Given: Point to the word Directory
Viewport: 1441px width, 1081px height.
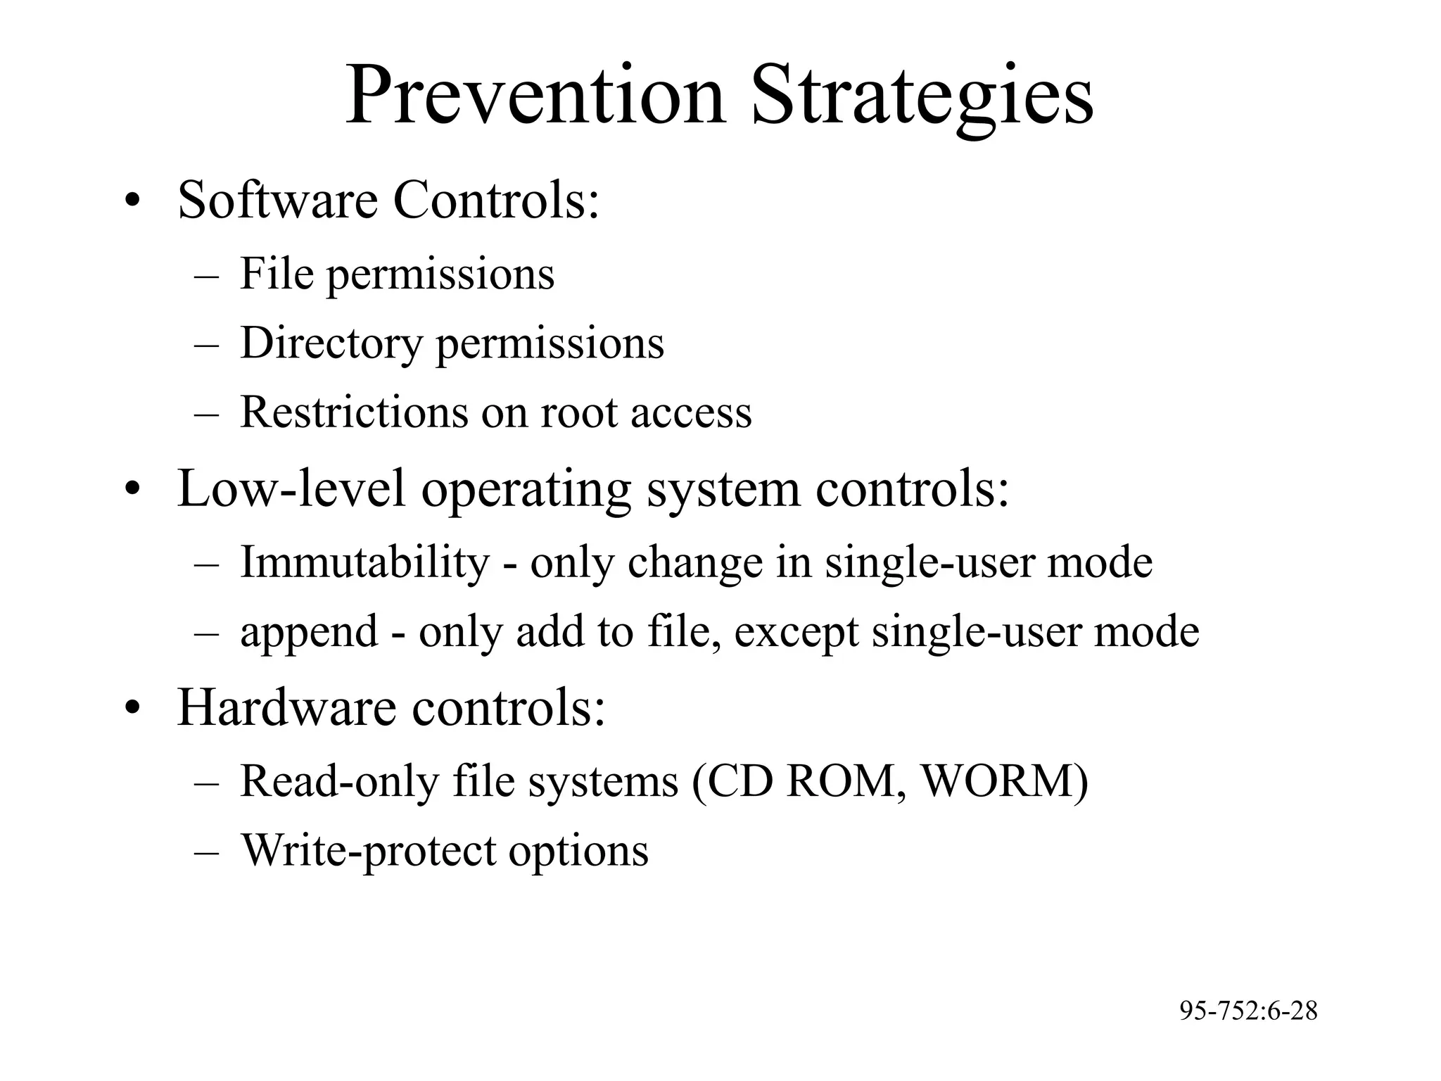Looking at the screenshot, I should click(331, 343).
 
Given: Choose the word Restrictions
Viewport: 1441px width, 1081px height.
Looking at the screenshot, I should click(354, 412).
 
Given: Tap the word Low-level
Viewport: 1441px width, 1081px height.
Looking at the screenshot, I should click(291, 488).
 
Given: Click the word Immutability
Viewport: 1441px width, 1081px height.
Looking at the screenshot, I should click(364, 562).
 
